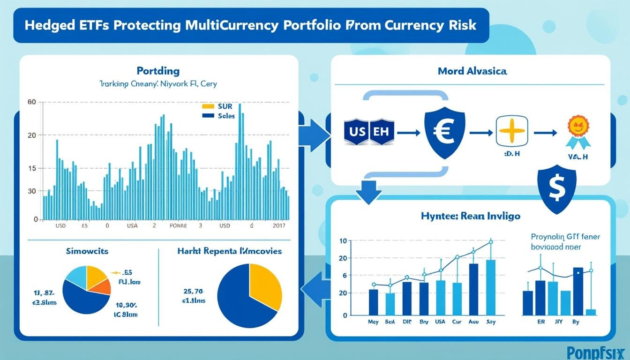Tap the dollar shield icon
click(x=557, y=188)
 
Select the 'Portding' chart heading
click(x=158, y=71)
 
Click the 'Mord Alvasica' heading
click(x=472, y=72)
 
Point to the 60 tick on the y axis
click(x=32, y=102)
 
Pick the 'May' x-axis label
click(x=373, y=322)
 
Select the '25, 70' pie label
click(x=192, y=291)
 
